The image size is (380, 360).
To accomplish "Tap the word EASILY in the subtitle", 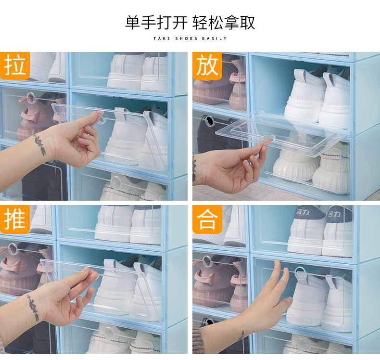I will pyautogui.click(x=215, y=39).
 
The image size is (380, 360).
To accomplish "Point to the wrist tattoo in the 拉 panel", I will pyautogui.click(x=40, y=144).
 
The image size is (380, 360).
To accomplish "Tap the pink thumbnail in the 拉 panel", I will pyautogui.click(x=101, y=114).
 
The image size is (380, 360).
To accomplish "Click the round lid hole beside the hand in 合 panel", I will pyautogui.click(x=301, y=272).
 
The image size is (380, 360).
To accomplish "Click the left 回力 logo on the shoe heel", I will pyautogui.click(x=303, y=212).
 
